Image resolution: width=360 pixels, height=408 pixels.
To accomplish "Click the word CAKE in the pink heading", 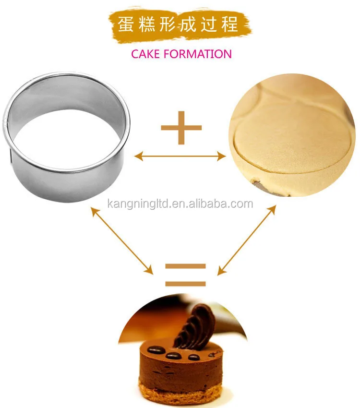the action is (x=145, y=54).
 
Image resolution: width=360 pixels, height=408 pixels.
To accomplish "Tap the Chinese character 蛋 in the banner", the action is (x=126, y=24).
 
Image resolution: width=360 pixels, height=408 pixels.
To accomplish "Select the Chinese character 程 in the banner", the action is (x=230, y=24).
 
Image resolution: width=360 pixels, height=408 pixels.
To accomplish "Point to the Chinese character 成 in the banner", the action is (x=188, y=24).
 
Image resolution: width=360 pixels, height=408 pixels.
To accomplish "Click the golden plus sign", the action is (x=181, y=128).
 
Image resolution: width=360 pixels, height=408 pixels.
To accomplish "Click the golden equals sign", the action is (x=185, y=275).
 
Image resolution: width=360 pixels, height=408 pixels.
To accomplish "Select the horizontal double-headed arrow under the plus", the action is (x=180, y=156).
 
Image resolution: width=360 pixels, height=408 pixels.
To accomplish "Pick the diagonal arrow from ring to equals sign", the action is (x=122, y=240).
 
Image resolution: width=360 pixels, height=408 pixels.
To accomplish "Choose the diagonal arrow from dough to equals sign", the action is (x=247, y=240).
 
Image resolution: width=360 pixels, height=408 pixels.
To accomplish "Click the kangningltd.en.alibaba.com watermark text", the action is (x=180, y=204).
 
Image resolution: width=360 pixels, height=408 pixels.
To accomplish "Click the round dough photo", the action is (x=292, y=135).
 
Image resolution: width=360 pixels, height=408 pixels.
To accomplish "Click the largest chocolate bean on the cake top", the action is (x=156, y=350).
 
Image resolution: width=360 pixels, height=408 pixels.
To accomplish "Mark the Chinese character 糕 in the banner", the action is (x=147, y=24).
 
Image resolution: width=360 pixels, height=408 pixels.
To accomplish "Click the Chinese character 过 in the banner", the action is (x=209, y=24).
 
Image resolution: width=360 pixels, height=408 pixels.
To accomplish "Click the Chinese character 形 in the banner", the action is (x=168, y=24).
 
